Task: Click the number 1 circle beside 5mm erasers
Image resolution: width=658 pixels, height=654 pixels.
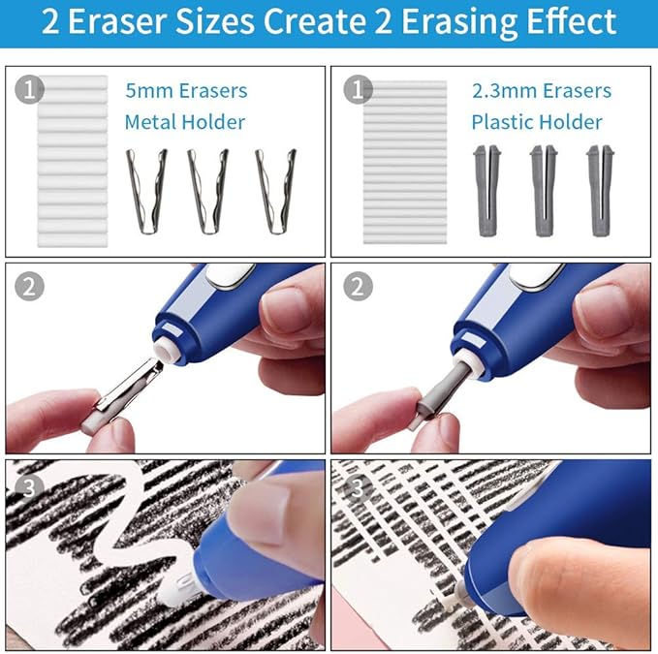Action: (31, 90)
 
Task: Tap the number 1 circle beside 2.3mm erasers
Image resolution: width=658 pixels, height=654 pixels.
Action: (357, 90)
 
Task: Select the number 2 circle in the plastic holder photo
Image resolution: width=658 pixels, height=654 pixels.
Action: (357, 287)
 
